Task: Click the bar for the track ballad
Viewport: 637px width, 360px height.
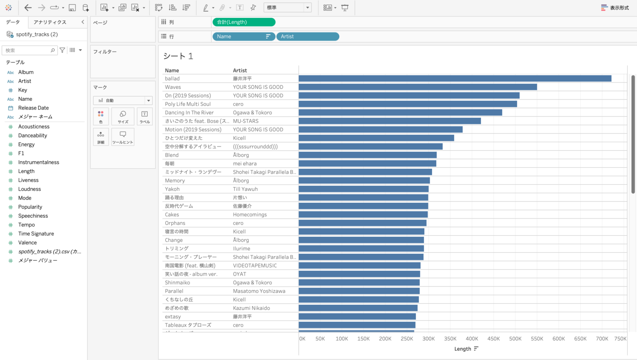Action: (455, 78)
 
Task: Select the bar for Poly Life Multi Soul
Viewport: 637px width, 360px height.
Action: (408, 104)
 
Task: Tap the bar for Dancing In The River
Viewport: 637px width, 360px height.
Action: (400, 112)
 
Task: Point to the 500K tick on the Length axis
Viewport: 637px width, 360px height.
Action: (515, 339)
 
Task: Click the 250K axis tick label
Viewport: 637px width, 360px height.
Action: (407, 339)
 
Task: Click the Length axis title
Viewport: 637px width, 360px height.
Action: (463, 349)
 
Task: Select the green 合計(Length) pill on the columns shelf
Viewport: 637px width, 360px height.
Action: (243, 22)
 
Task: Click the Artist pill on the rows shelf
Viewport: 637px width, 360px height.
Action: (307, 36)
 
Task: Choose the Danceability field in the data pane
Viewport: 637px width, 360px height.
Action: (32, 136)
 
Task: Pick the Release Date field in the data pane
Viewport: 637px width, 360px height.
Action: (33, 108)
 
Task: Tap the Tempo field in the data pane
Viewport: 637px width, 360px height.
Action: (26, 225)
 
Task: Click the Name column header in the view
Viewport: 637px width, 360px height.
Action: (172, 71)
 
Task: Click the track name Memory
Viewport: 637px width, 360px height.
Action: (175, 180)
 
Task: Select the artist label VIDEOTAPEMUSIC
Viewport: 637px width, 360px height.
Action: (255, 265)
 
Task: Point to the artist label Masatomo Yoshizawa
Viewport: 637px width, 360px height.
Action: (259, 291)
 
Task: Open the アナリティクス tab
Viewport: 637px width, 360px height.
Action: (50, 22)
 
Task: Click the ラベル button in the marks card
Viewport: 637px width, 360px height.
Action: (144, 116)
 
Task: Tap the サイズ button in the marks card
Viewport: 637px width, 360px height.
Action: (123, 116)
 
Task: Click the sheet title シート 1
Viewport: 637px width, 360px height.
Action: (178, 56)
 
